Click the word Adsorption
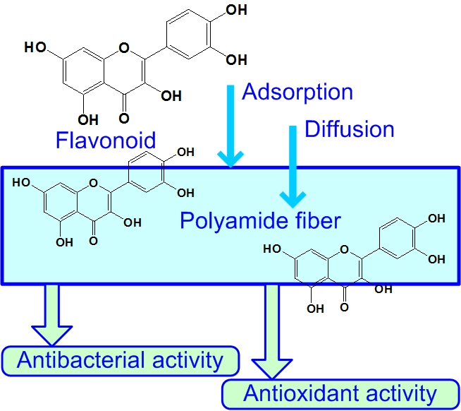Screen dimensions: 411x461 tap(297, 92)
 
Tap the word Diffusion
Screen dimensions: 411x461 tap(349, 129)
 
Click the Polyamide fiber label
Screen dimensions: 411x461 tap(260, 220)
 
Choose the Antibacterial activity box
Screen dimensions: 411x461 tap(120, 360)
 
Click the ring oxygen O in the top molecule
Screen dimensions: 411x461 tap(124, 48)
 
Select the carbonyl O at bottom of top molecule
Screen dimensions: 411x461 tap(124, 118)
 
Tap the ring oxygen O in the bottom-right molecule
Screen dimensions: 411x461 tap(343, 249)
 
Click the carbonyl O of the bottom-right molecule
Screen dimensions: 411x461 tap(343, 308)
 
